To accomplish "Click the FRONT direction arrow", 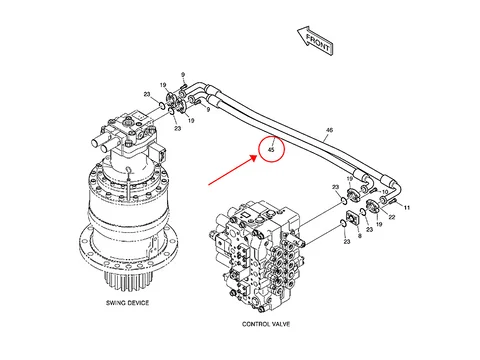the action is click(x=315, y=41).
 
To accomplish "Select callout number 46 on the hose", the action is click(x=329, y=130).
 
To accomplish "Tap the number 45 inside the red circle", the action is click(x=271, y=150).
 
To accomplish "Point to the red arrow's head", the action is click(x=254, y=157).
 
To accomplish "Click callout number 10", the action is click(x=385, y=192).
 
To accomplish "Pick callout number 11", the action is click(x=407, y=208).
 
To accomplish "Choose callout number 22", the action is click(x=392, y=217).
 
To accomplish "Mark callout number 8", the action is click(x=359, y=236).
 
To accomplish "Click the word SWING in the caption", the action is click(x=115, y=303).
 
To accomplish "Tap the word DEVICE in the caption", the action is click(x=138, y=303).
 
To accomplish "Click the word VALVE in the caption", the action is click(x=280, y=324).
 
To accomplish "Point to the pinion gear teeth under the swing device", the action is click(x=129, y=282).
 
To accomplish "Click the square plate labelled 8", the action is click(x=352, y=218).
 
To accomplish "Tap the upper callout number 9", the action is click(x=183, y=75).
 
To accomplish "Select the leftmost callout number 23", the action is click(x=147, y=94).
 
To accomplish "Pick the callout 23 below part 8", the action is click(x=347, y=241).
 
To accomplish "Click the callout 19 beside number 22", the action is click(x=379, y=224).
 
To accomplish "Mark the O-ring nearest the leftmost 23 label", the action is click(x=162, y=106).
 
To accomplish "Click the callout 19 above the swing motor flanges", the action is click(x=163, y=85).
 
